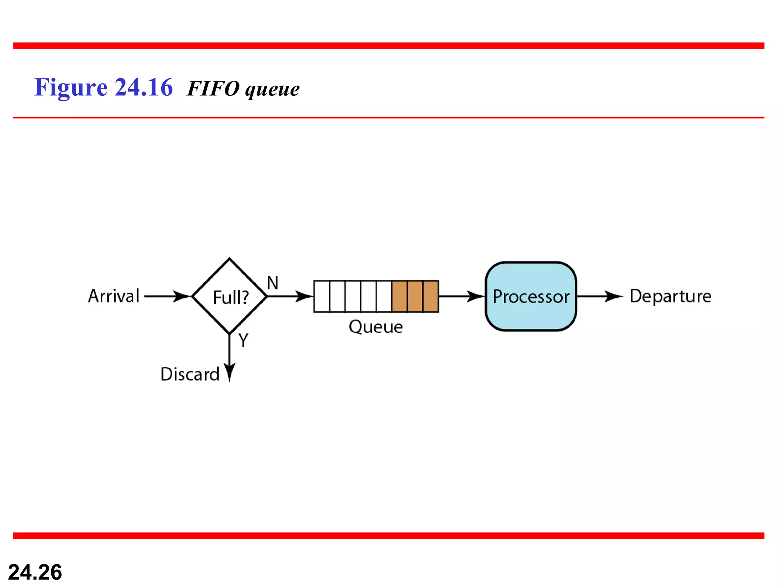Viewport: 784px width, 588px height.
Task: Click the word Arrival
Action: click(x=114, y=296)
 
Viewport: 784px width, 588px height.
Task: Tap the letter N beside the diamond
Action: click(x=273, y=283)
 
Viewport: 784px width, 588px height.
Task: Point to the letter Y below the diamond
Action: click(x=243, y=340)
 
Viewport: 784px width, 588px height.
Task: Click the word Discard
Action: click(x=190, y=374)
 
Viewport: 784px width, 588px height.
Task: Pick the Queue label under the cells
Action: click(x=376, y=327)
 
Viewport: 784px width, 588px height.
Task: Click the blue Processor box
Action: click(x=531, y=296)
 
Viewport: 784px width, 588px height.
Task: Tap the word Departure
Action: click(x=670, y=296)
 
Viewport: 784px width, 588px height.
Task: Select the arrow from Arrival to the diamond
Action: click(x=167, y=296)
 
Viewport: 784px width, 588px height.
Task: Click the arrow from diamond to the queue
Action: click(x=290, y=296)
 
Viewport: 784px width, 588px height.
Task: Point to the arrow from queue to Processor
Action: click(x=461, y=296)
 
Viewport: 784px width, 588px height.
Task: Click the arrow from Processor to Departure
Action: click(x=599, y=296)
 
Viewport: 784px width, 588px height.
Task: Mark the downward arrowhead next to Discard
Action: click(x=229, y=371)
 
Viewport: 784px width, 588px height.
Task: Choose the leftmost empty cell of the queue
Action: click(x=322, y=296)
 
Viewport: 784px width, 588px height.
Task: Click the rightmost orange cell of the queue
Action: click(x=431, y=296)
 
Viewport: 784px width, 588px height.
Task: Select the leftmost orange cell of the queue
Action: click(x=399, y=296)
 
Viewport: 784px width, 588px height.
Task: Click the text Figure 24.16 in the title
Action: click(x=103, y=87)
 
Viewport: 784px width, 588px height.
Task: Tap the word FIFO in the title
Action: click(x=213, y=89)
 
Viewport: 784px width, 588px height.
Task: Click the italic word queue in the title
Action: click(x=272, y=90)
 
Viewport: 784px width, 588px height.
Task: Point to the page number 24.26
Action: click(x=35, y=572)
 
